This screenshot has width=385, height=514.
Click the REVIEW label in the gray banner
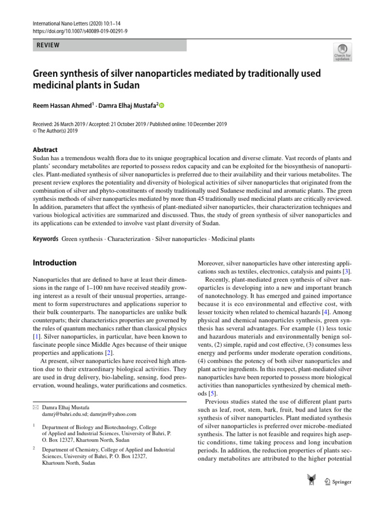tap(48, 45)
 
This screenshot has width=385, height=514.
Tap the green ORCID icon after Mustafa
tap(162, 106)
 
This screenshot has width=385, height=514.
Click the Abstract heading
tap(45, 150)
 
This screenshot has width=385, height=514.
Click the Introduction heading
tap(55, 263)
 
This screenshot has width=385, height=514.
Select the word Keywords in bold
tap(45, 239)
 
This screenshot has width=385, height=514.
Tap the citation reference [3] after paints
tap(346, 271)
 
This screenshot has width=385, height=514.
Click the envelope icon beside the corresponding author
tap(36, 407)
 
